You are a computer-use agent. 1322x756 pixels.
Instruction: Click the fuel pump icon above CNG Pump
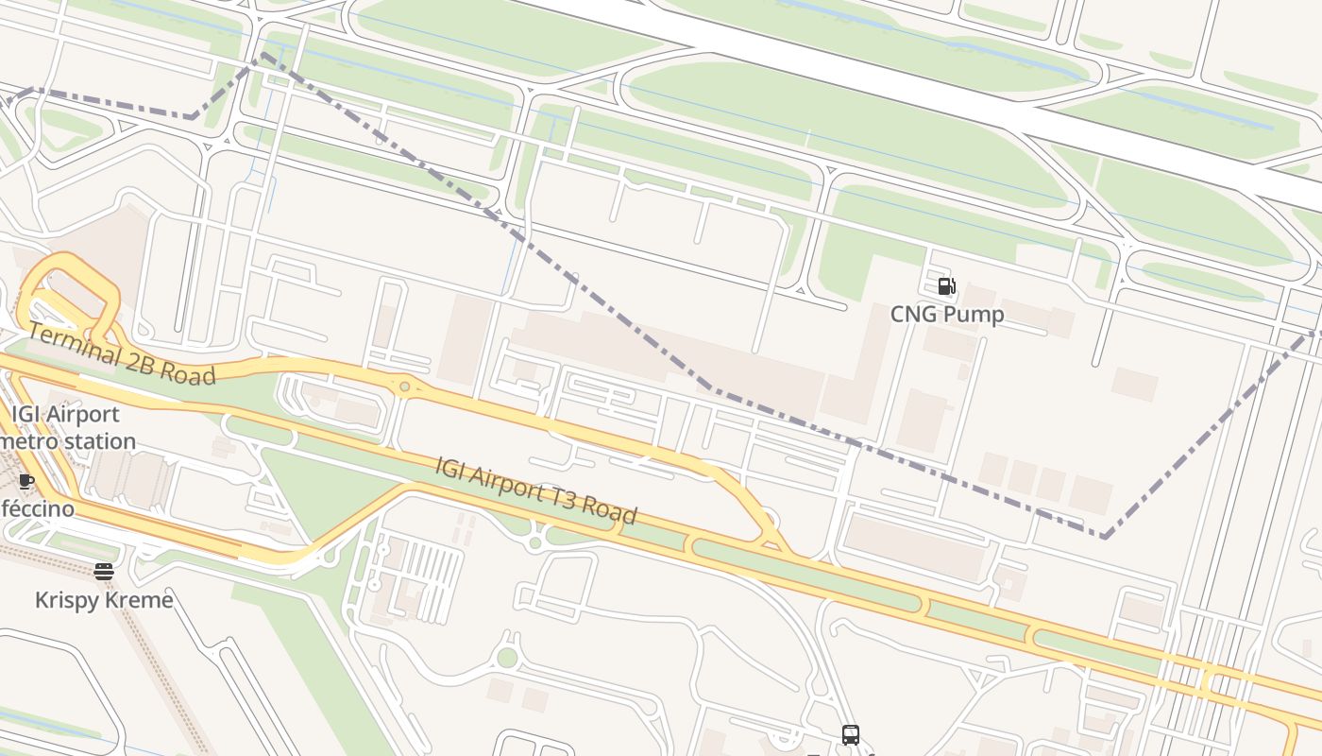pos(946,286)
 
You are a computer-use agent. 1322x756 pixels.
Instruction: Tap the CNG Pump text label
pos(947,315)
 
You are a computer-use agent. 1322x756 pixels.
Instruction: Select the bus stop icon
pos(850,734)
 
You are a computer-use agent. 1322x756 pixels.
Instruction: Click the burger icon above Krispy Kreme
pos(104,571)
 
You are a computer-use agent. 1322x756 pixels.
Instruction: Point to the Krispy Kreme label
pos(104,600)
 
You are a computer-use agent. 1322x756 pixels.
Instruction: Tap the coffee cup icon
pos(26,481)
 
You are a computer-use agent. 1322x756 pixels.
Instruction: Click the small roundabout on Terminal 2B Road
pos(405,386)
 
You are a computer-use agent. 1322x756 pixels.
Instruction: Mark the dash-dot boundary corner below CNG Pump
pos(1104,537)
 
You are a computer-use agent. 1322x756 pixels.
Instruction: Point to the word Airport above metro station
pos(83,414)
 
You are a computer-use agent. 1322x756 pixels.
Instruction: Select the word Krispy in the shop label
pos(67,600)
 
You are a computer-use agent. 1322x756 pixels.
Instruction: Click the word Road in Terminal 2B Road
pos(188,374)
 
